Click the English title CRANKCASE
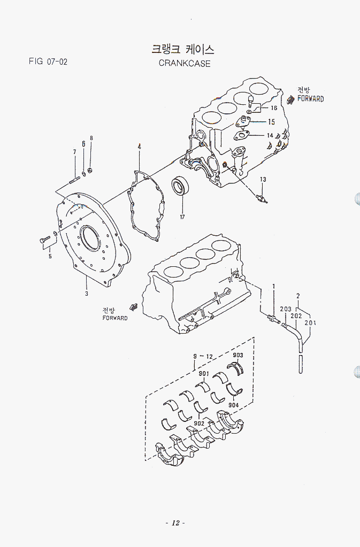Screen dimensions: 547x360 click(185, 63)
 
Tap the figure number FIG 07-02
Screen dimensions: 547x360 click(48, 61)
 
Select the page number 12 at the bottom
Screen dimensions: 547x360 click(175, 522)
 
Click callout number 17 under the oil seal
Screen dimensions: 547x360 click(182, 217)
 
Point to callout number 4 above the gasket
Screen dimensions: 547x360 click(139, 147)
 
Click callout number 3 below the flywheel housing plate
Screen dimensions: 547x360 click(86, 294)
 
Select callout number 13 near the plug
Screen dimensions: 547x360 click(263, 179)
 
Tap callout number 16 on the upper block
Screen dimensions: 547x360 click(273, 108)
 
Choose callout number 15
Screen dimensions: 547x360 click(271, 122)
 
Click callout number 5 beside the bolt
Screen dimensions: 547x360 click(50, 256)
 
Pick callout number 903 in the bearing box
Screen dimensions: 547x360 click(238, 355)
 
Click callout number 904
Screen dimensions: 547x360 click(233, 405)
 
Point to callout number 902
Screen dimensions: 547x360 click(199, 423)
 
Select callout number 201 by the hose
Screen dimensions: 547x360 click(310, 323)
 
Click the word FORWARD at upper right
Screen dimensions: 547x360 click(311, 99)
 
